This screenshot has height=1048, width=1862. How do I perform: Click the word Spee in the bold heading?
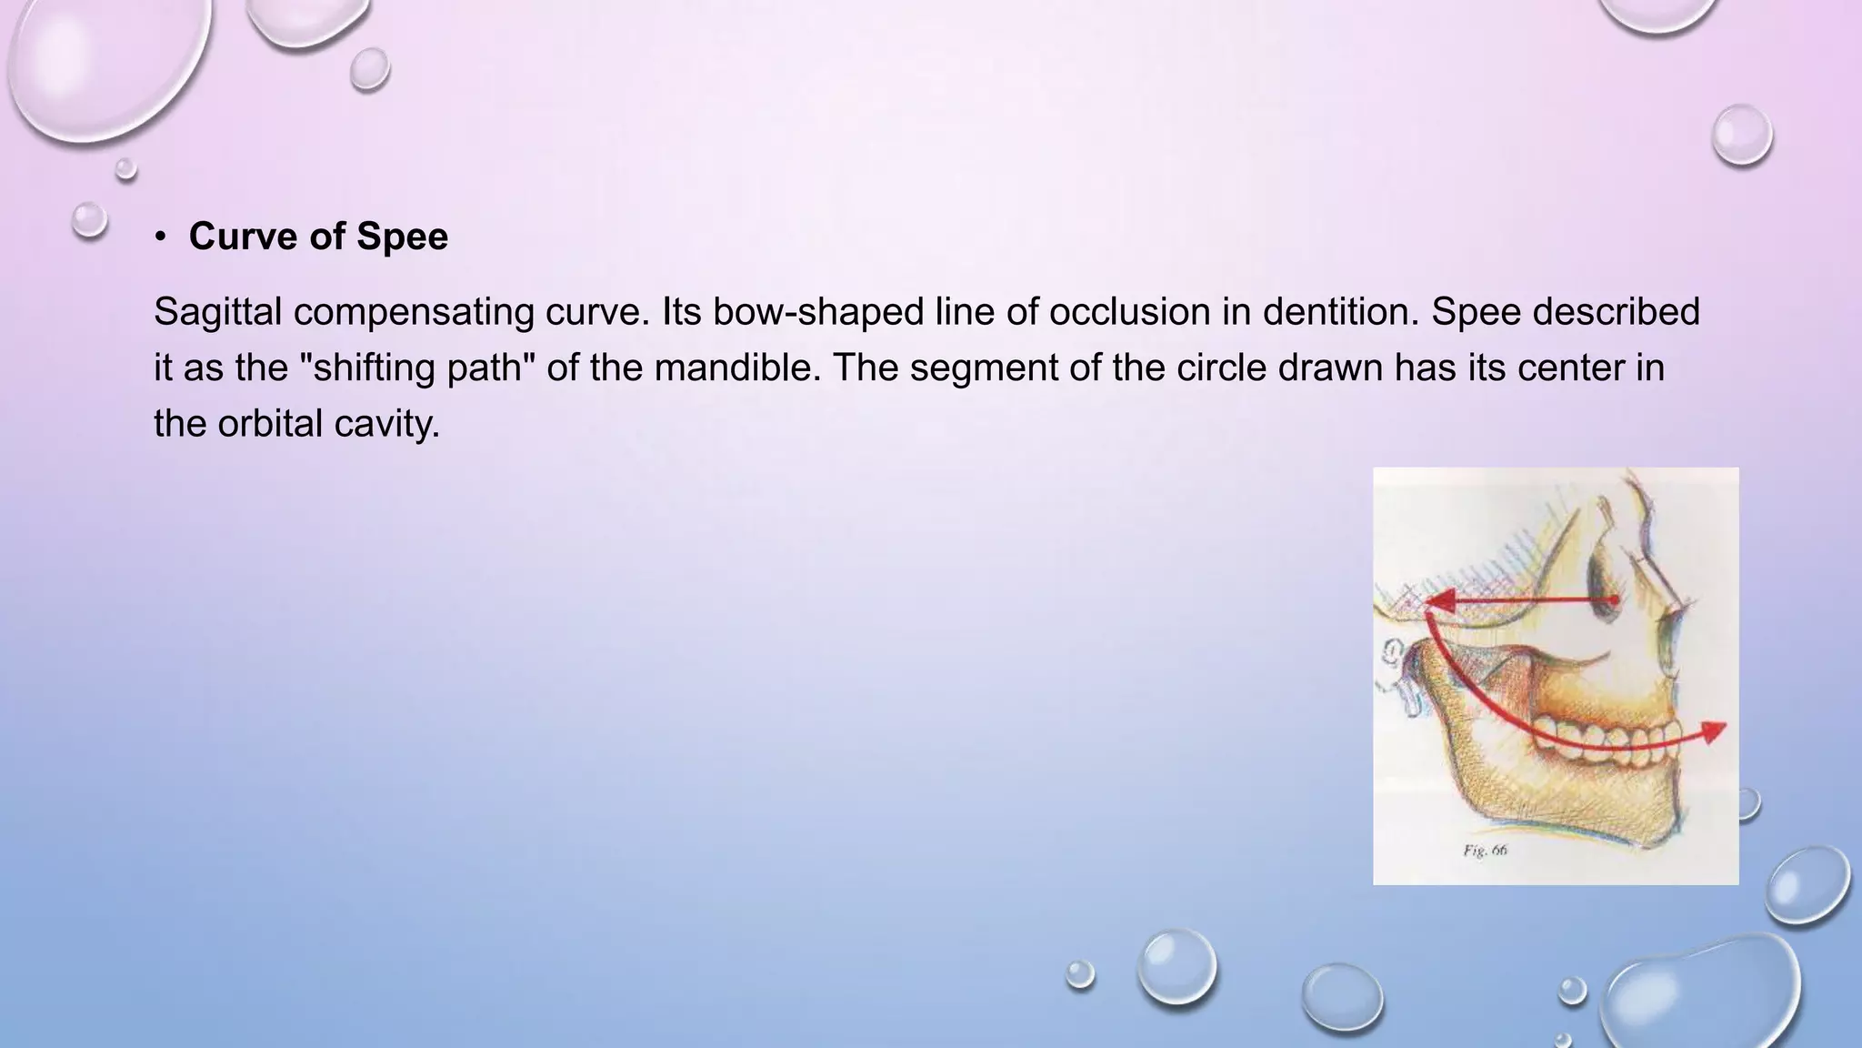coord(402,237)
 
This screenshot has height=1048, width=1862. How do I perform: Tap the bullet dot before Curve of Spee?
coord(161,237)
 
